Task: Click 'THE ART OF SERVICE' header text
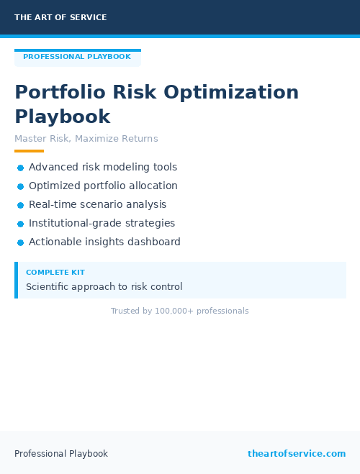[60, 17]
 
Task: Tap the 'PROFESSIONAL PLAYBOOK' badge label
[77, 57]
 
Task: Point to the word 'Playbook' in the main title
[63, 117]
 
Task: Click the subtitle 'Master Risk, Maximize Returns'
[86, 139]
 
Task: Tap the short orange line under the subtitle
[29, 151]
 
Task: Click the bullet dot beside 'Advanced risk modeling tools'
[21, 168]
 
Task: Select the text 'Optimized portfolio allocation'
[103, 186]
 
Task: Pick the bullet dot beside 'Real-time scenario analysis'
[21, 205]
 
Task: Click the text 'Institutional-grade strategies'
[102, 223]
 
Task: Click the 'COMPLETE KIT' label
[55, 273]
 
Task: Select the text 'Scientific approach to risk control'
[104, 286]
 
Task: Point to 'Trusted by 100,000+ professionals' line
[180, 311]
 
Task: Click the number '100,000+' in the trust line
[175, 311]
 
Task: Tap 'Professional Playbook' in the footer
[61, 454]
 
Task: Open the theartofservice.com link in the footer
[297, 454]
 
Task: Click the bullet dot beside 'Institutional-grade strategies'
[21, 224]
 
